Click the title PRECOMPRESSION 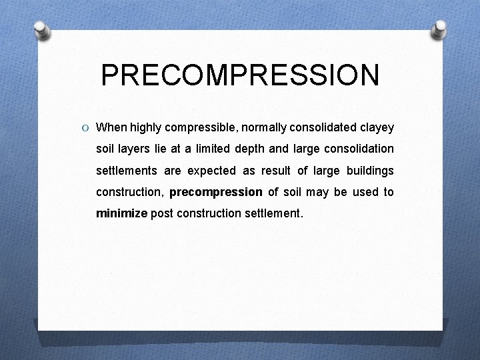(240, 75)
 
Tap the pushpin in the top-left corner (43, 30)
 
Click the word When (112, 127)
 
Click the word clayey (377, 127)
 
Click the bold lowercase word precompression (216, 193)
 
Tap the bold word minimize (121, 214)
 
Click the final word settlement (274, 214)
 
